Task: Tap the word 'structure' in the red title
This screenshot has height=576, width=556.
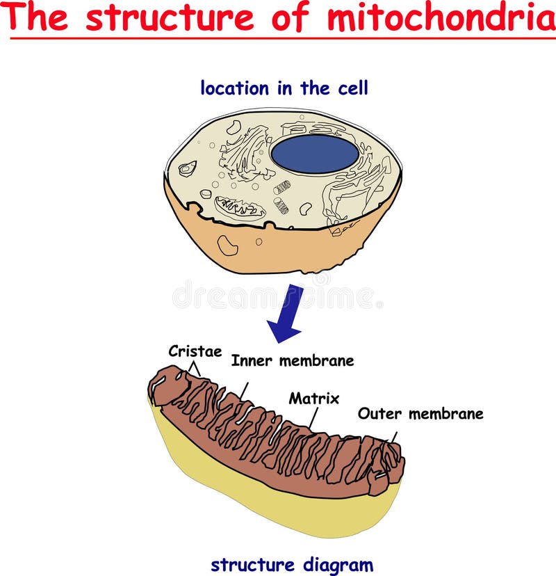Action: (x=171, y=17)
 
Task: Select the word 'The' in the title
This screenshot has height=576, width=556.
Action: (x=39, y=17)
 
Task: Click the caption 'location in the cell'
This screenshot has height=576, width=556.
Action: (x=284, y=88)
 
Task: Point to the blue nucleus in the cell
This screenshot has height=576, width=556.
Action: (x=314, y=154)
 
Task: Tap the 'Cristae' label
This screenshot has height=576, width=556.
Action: (x=195, y=351)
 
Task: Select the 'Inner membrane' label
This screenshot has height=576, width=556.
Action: (x=292, y=360)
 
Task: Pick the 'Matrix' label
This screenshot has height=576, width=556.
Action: (x=314, y=399)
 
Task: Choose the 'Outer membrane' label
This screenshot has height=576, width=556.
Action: (x=420, y=414)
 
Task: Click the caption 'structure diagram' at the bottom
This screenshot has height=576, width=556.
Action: (x=291, y=564)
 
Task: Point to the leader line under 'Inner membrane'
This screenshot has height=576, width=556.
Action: (x=245, y=389)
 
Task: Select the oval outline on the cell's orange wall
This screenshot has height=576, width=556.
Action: (x=227, y=245)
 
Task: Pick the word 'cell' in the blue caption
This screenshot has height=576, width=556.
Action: (x=353, y=88)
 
